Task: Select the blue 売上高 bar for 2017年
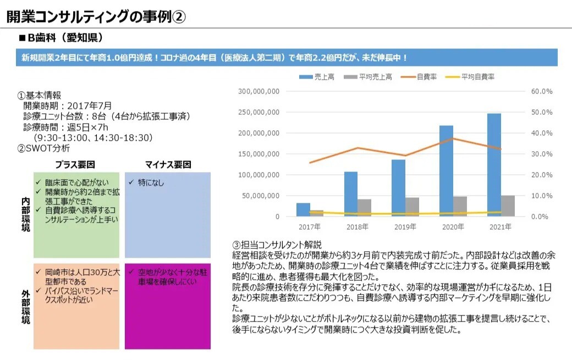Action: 303,210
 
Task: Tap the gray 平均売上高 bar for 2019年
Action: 412,207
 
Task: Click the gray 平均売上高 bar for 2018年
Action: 364,208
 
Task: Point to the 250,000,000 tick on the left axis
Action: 259,112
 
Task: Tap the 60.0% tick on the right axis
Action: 541,91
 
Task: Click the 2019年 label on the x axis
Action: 406,227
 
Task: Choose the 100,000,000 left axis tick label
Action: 259,175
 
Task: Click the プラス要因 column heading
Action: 76,164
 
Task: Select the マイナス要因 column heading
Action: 168,164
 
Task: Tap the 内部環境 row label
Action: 25,214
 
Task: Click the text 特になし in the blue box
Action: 151,182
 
